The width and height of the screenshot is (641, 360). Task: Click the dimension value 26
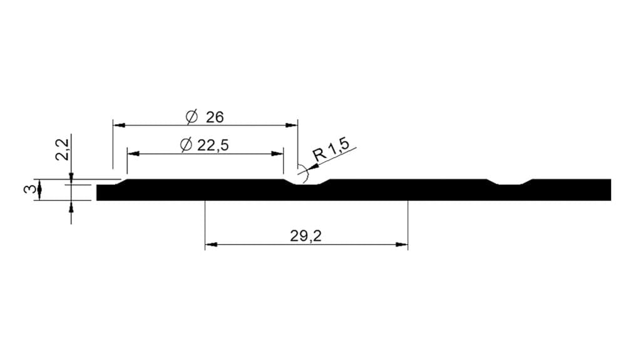coord(215,118)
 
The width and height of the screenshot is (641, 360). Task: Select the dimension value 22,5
coord(213,145)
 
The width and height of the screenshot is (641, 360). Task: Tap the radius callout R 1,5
coord(331,150)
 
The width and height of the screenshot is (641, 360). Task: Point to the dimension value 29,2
coord(305,235)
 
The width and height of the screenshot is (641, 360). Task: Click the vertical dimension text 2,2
coord(62,149)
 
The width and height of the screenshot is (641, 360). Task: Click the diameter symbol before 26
coord(192,117)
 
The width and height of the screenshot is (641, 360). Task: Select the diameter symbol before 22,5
coord(186,145)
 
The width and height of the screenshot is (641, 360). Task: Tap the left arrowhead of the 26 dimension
coord(119,125)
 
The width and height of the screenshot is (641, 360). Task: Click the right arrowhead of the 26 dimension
coord(292,125)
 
